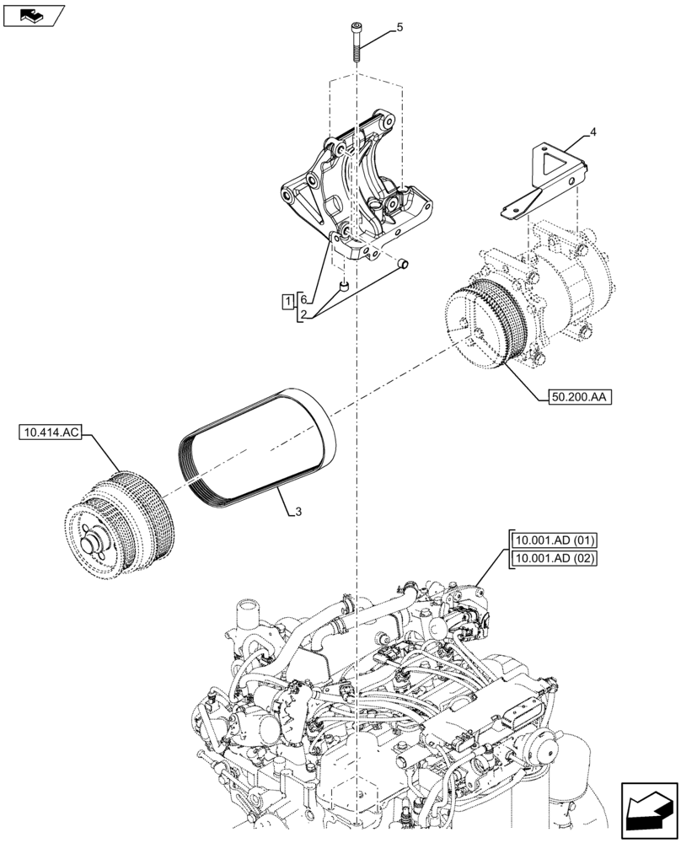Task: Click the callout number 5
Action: pyautogui.click(x=399, y=27)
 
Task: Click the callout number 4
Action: pyautogui.click(x=593, y=132)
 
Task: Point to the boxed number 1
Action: pyautogui.click(x=288, y=300)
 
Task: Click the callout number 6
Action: pyautogui.click(x=303, y=299)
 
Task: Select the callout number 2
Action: pyautogui.click(x=303, y=315)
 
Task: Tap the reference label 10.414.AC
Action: pyautogui.click(x=48, y=434)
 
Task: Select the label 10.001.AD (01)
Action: pyautogui.click(x=552, y=540)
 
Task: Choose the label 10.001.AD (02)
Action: pyautogui.click(x=552, y=558)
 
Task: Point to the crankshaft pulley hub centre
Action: pyautogui.click(x=90, y=536)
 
